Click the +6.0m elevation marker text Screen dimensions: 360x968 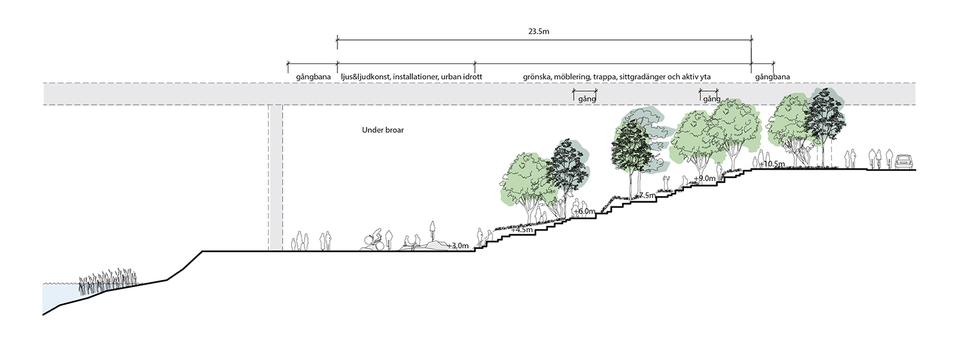click(584, 212)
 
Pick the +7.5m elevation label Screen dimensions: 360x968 click(645, 195)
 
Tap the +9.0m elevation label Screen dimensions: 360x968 click(705, 179)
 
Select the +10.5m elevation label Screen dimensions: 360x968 click(772, 165)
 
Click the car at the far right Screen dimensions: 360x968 click(905, 161)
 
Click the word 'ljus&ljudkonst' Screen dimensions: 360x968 click(366, 77)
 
